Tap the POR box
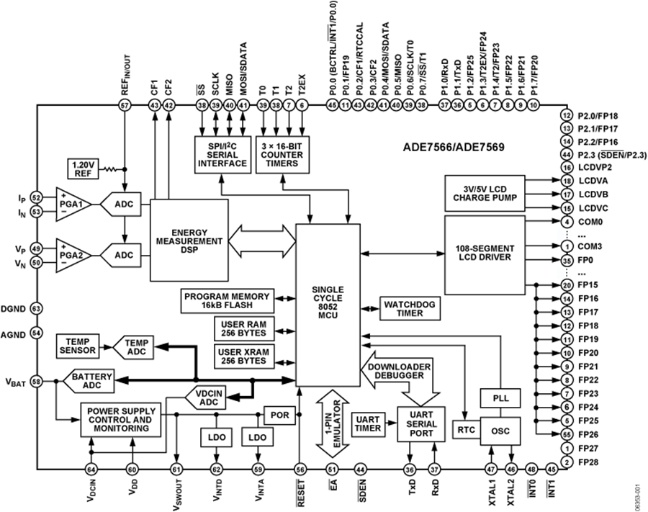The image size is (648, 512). [279, 416]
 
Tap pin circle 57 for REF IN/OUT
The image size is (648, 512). [125, 105]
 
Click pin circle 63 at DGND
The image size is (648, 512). [36, 307]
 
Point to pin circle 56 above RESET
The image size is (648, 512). [300, 470]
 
